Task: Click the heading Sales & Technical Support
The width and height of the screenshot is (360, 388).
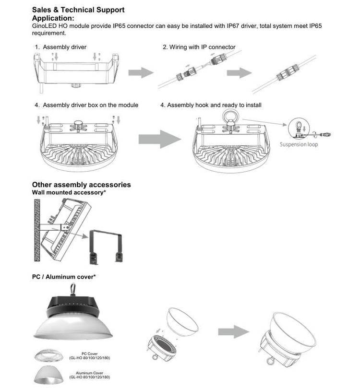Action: click(78, 10)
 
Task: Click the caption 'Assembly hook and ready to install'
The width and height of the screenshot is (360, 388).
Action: click(214, 105)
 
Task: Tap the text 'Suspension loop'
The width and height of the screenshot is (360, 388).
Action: click(299, 144)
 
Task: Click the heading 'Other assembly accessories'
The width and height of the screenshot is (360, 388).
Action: click(81, 185)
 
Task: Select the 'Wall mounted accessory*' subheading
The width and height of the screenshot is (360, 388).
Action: click(69, 192)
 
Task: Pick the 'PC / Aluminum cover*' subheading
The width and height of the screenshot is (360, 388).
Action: click(64, 277)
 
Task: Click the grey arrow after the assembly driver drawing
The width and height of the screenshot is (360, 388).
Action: click(141, 72)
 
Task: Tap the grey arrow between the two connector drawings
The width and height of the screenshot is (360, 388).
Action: click(240, 72)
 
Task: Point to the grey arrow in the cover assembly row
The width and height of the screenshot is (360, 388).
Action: click(234, 332)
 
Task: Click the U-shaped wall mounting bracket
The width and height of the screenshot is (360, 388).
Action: click(105, 245)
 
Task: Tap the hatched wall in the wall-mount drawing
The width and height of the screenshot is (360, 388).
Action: click(36, 230)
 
